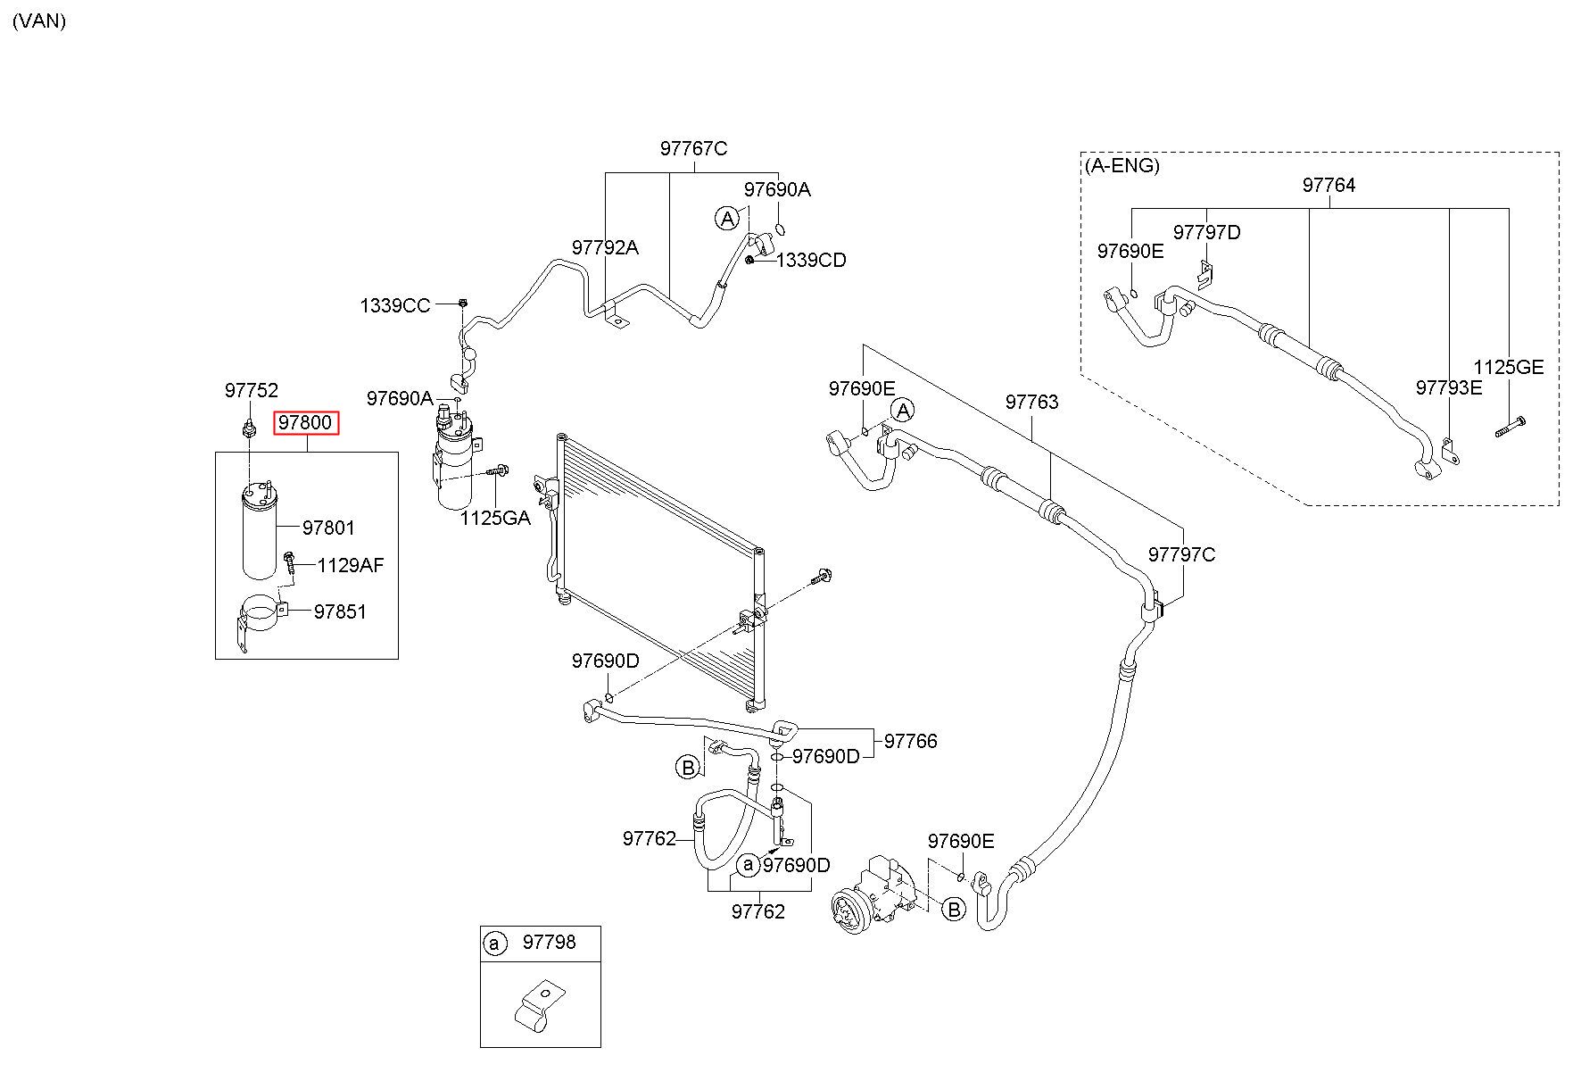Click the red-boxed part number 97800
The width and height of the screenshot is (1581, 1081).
point(305,422)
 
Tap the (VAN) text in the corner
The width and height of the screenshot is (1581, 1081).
point(39,21)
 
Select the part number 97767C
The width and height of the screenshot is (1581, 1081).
point(693,148)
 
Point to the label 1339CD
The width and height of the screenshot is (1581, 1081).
point(811,261)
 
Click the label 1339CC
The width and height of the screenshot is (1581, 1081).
point(395,306)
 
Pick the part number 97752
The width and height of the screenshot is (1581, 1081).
point(252,390)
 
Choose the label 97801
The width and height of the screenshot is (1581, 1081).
point(328,528)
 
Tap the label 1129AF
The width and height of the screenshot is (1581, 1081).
point(351,565)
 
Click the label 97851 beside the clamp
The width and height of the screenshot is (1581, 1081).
point(340,611)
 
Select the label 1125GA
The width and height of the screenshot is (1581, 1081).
point(495,518)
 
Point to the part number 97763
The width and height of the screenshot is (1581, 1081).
point(1032,402)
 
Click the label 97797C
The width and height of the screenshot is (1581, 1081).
point(1181,554)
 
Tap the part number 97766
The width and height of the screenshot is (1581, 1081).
point(911,741)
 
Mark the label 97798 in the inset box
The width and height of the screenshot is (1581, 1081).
point(550,942)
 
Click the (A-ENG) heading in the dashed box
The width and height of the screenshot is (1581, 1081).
point(1122,165)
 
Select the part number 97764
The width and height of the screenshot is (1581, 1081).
point(1329,185)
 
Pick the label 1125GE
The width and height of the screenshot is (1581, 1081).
point(1508,367)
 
